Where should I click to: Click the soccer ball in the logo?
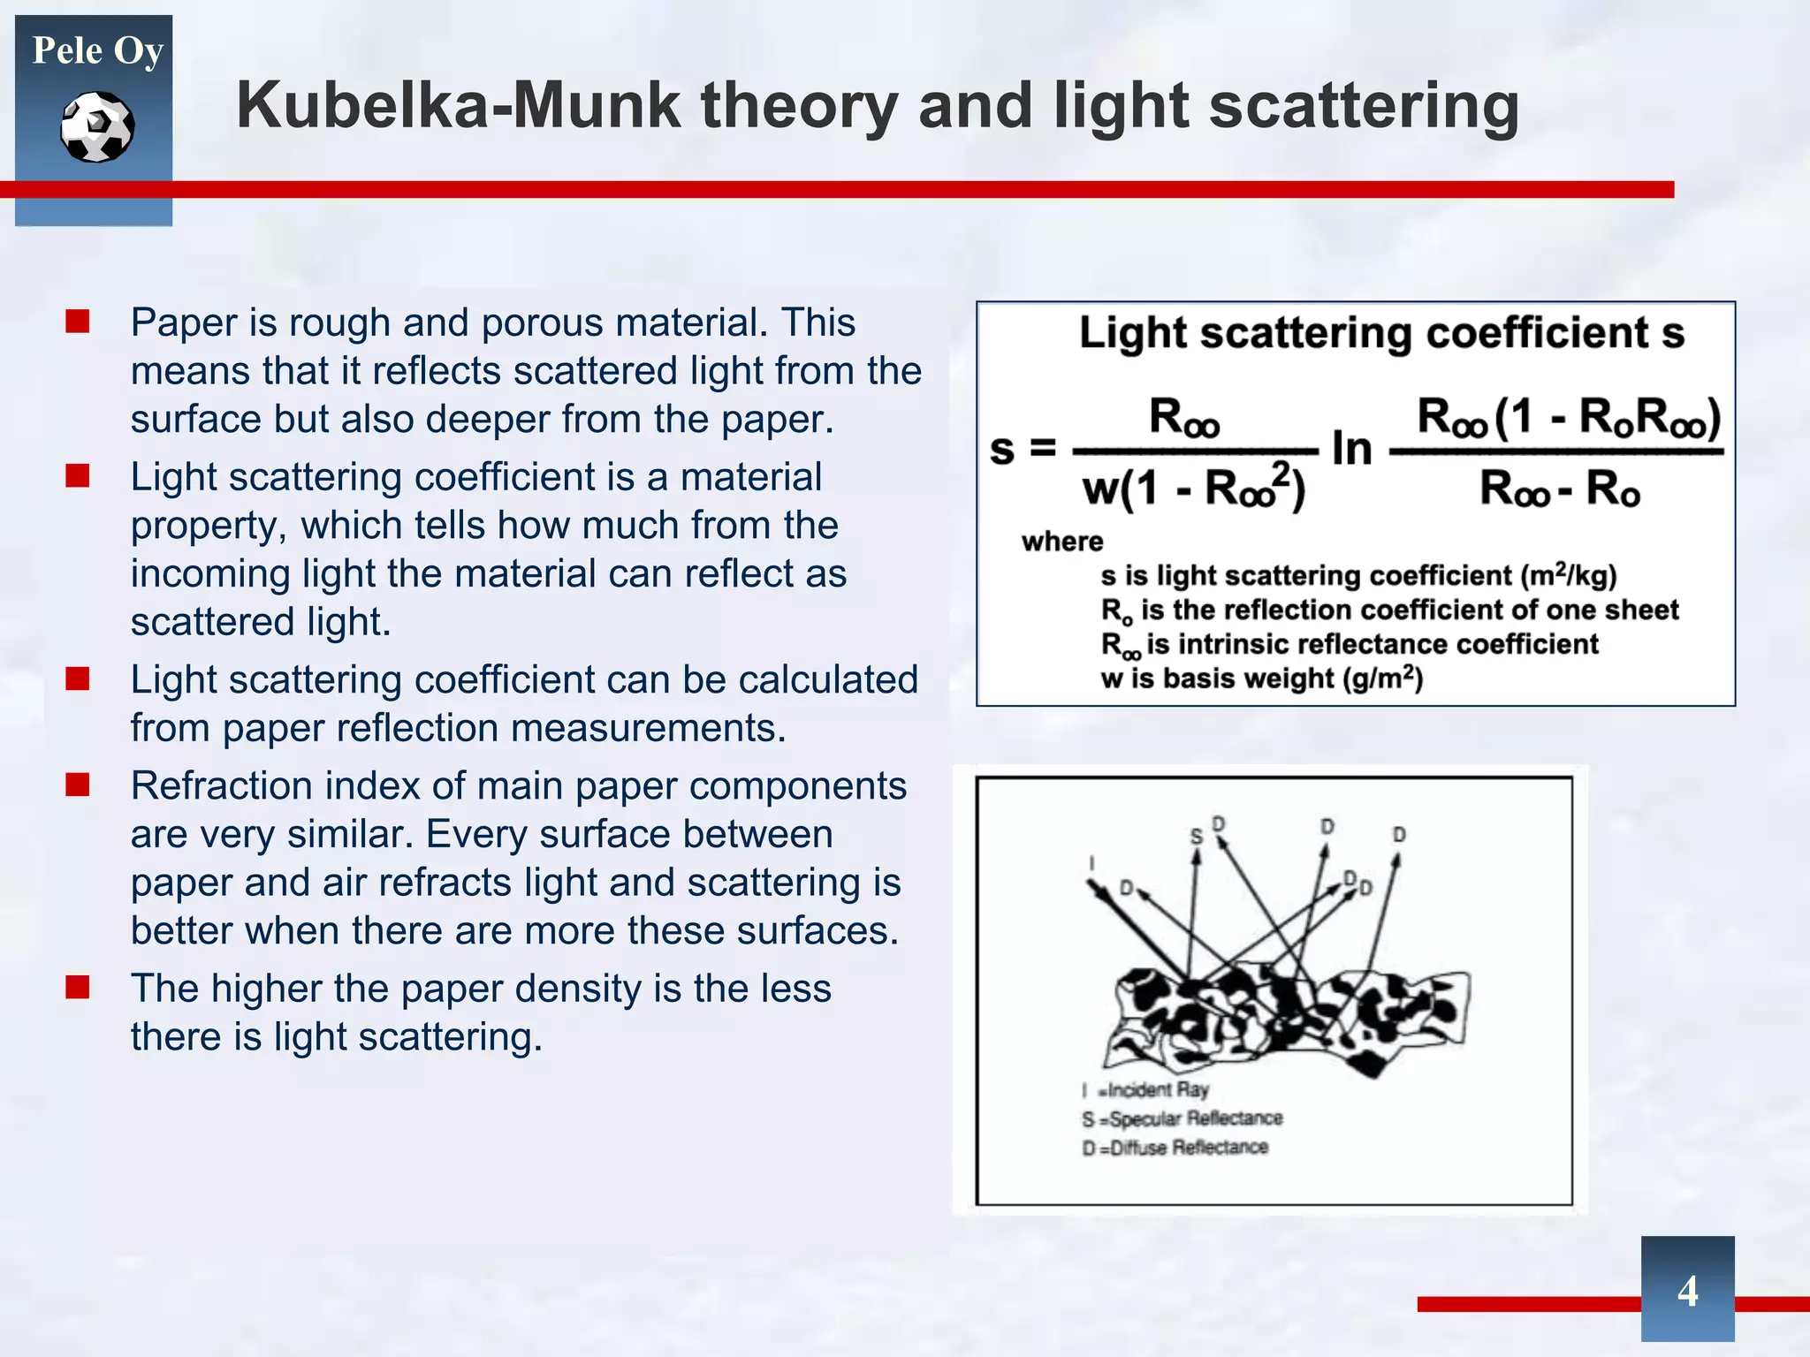[x=97, y=127]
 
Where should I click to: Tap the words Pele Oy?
[x=97, y=50]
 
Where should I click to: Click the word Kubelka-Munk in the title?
[x=459, y=106]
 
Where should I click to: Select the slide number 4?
[x=1687, y=1291]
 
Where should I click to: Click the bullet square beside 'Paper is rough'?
[x=78, y=322]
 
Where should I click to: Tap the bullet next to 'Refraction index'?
[x=78, y=785]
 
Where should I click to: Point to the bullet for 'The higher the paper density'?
[x=78, y=987]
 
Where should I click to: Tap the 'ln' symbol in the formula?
[x=1352, y=449]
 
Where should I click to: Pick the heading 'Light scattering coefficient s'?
[x=1381, y=334]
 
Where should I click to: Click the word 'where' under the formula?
[x=1062, y=541]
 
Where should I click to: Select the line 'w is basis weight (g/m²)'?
[x=1261, y=678]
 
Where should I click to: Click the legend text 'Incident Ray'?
[x=1158, y=1090]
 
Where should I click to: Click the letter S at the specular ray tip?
[x=1197, y=836]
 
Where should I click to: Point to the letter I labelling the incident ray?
[x=1092, y=863]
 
